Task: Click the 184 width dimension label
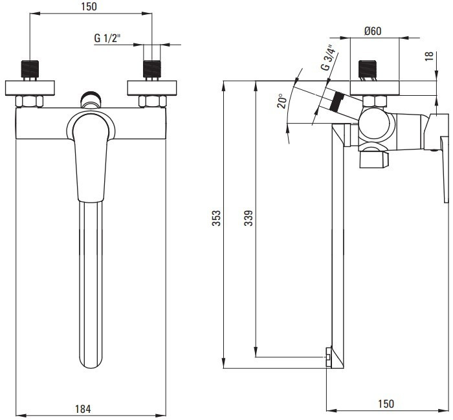[83, 409]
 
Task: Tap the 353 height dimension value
[216, 218]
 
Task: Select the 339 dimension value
[248, 218]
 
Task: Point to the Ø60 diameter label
[373, 31]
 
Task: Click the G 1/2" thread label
[107, 38]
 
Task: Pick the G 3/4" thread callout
[329, 58]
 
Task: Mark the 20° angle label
[282, 101]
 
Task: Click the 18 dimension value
[429, 56]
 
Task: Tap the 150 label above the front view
[89, 6]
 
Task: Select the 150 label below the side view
[386, 404]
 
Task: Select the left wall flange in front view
[30, 88]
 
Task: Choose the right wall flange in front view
[152, 88]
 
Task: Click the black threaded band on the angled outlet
[336, 101]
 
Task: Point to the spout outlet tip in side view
[329, 357]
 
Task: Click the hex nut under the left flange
[30, 102]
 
